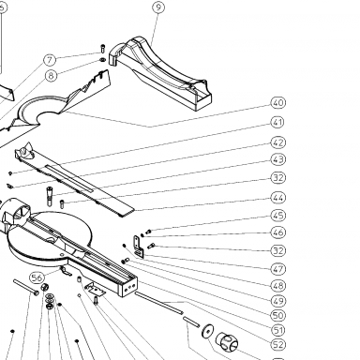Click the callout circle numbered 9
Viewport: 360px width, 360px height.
point(158,7)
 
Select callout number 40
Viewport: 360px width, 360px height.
point(278,103)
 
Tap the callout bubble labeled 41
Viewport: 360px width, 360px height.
point(277,122)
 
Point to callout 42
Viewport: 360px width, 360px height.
point(278,142)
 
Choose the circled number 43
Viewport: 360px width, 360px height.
point(278,159)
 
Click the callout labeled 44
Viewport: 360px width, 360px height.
point(278,198)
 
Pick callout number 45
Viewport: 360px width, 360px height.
point(278,216)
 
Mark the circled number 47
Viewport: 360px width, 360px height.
point(278,269)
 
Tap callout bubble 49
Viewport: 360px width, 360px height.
point(278,301)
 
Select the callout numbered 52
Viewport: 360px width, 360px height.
point(278,344)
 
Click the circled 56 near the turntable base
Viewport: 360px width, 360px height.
point(37,277)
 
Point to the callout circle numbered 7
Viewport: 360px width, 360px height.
point(50,60)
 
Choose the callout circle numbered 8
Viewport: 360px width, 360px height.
point(52,75)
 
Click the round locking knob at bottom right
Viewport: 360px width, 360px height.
point(227,341)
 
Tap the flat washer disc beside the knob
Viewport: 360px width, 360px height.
point(208,331)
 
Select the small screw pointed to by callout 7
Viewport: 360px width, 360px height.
point(103,49)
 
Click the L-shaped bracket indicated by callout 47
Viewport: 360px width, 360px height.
point(139,247)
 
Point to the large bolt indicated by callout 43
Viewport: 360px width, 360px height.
point(50,196)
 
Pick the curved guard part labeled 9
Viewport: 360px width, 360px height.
point(160,73)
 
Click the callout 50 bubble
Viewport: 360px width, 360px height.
point(278,316)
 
